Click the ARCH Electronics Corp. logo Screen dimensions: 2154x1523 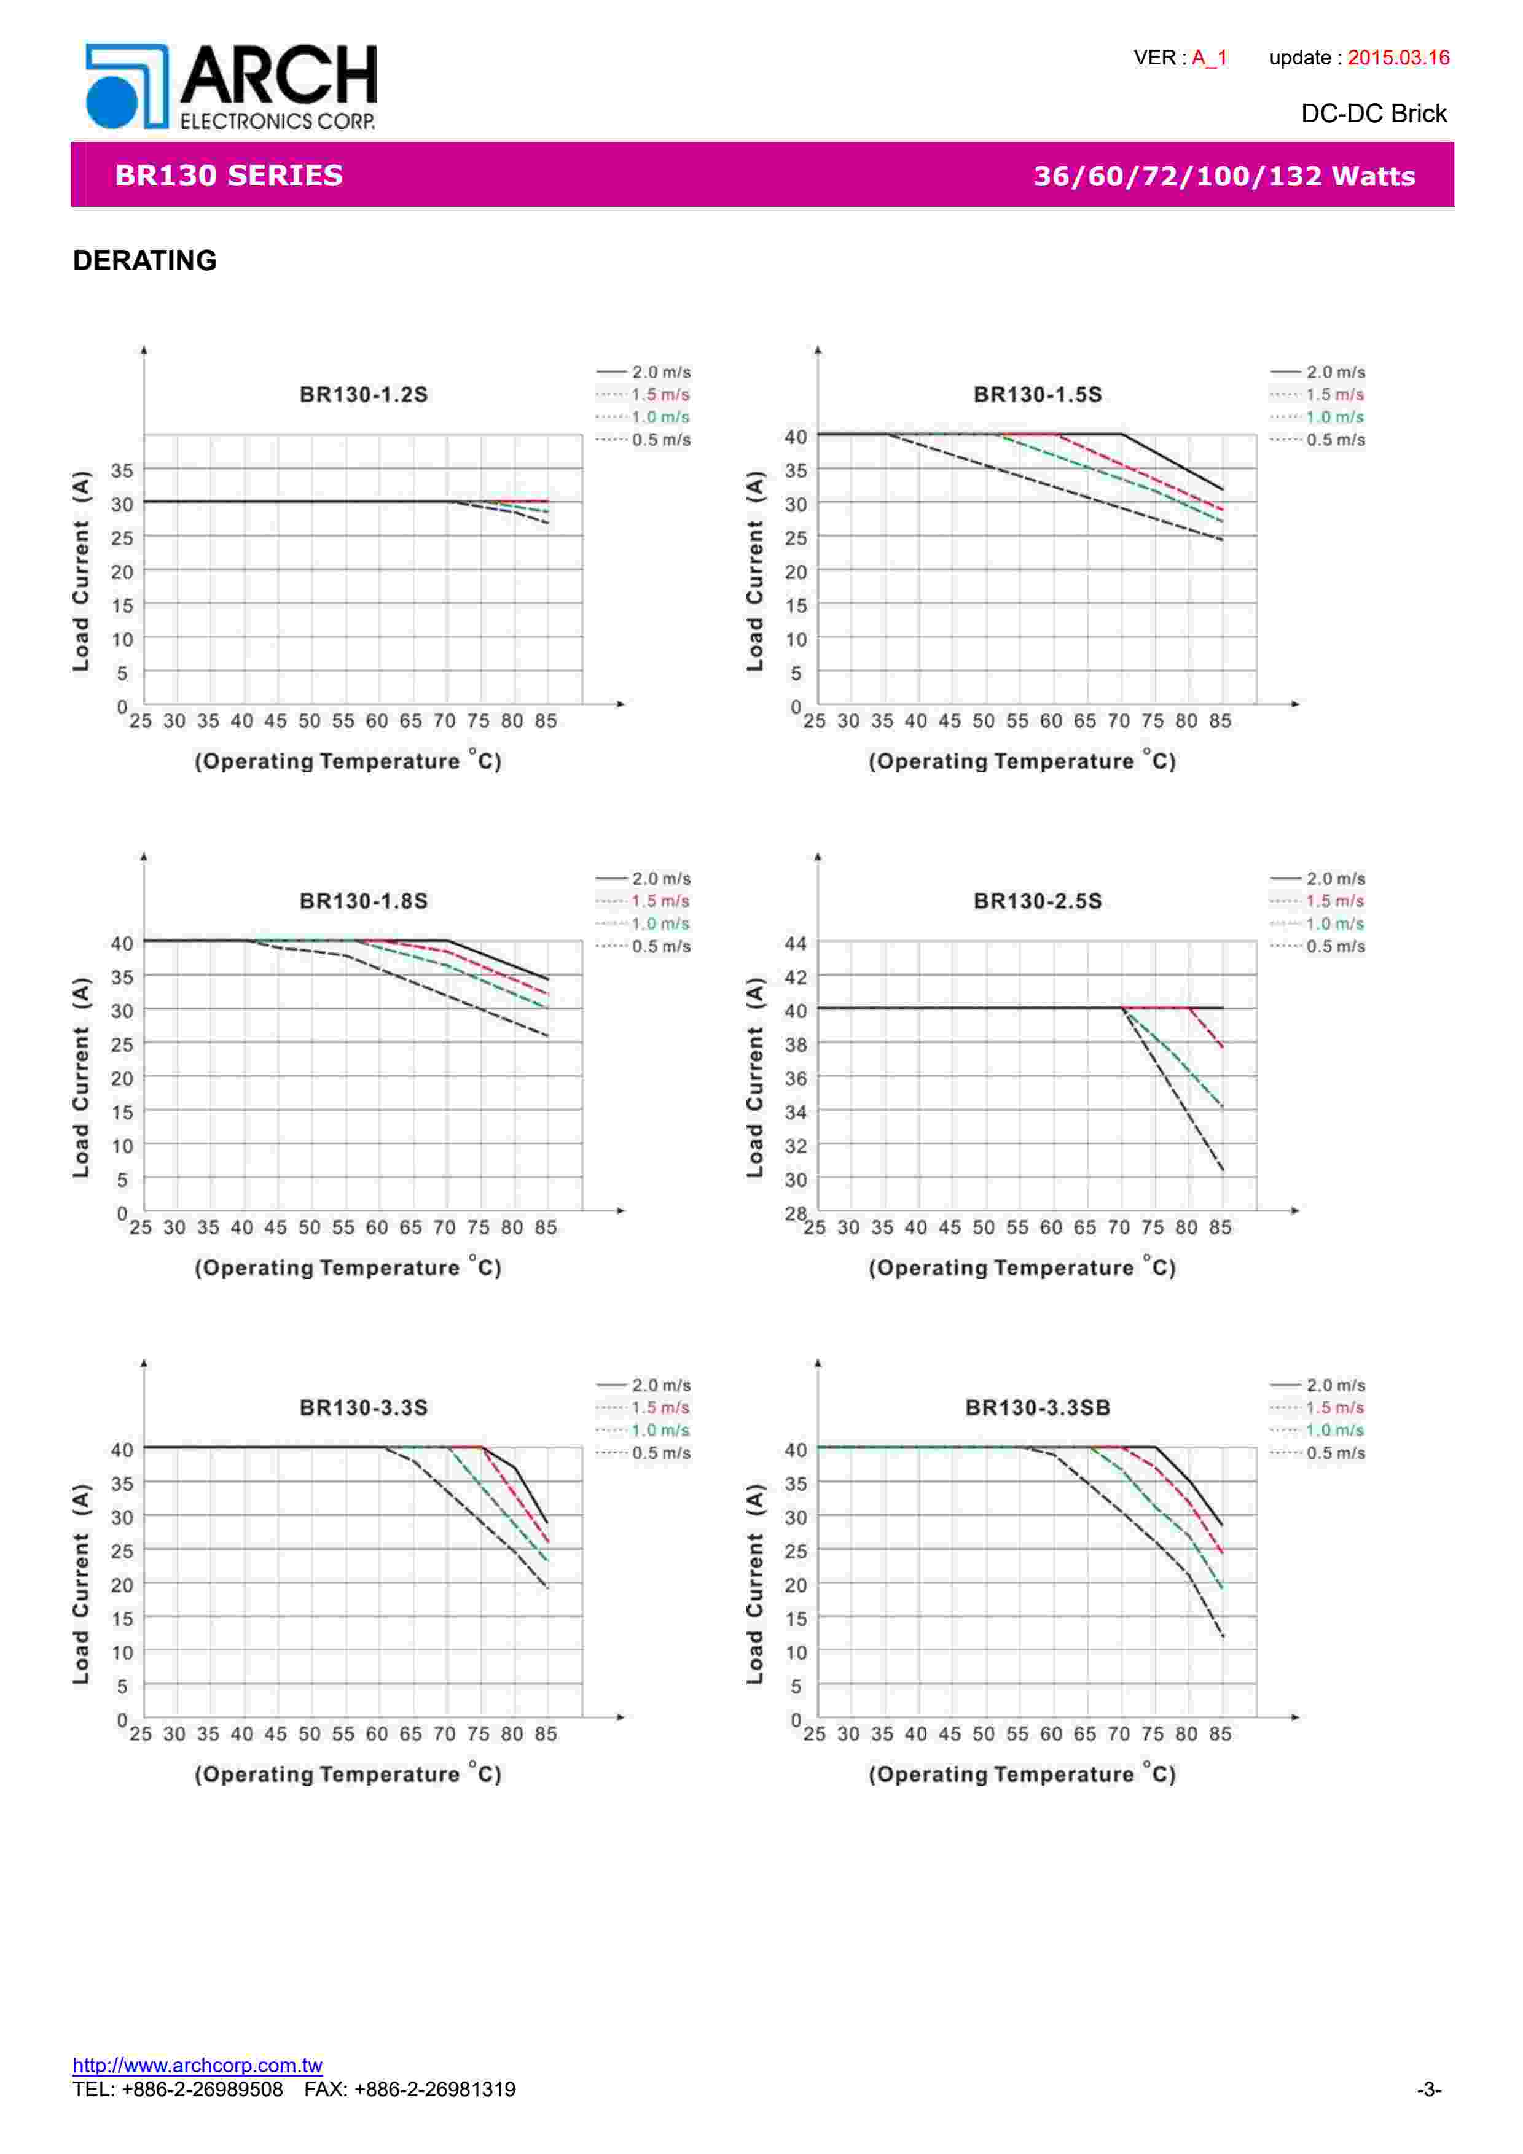pyautogui.click(x=231, y=87)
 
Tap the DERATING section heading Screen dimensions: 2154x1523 pyautogui.click(x=144, y=261)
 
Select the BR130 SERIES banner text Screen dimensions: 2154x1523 pyautogui.click(x=229, y=176)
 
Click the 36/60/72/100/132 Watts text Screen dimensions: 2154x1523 pyautogui.click(x=1224, y=176)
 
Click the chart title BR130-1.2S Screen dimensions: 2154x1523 pyautogui.click(x=363, y=395)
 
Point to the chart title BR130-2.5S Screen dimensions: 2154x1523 pyautogui.click(x=1037, y=901)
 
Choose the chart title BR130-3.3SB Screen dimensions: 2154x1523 pyautogui.click(x=1037, y=1408)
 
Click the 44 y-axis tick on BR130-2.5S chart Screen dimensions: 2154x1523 pyautogui.click(x=795, y=943)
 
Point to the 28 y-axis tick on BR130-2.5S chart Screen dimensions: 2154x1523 pyautogui.click(x=795, y=1214)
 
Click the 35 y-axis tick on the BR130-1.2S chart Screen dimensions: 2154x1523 pyautogui.click(x=122, y=470)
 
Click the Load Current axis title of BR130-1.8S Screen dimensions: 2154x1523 pyautogui.click(x=82, y=1077)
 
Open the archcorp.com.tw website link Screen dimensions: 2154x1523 pyautogui.click(x=197, y=2065)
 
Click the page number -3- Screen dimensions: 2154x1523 pyautogui.click(x=1428, y=2090)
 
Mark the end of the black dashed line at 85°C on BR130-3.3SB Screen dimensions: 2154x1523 pyautogui.click(x=1222, y=1636)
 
